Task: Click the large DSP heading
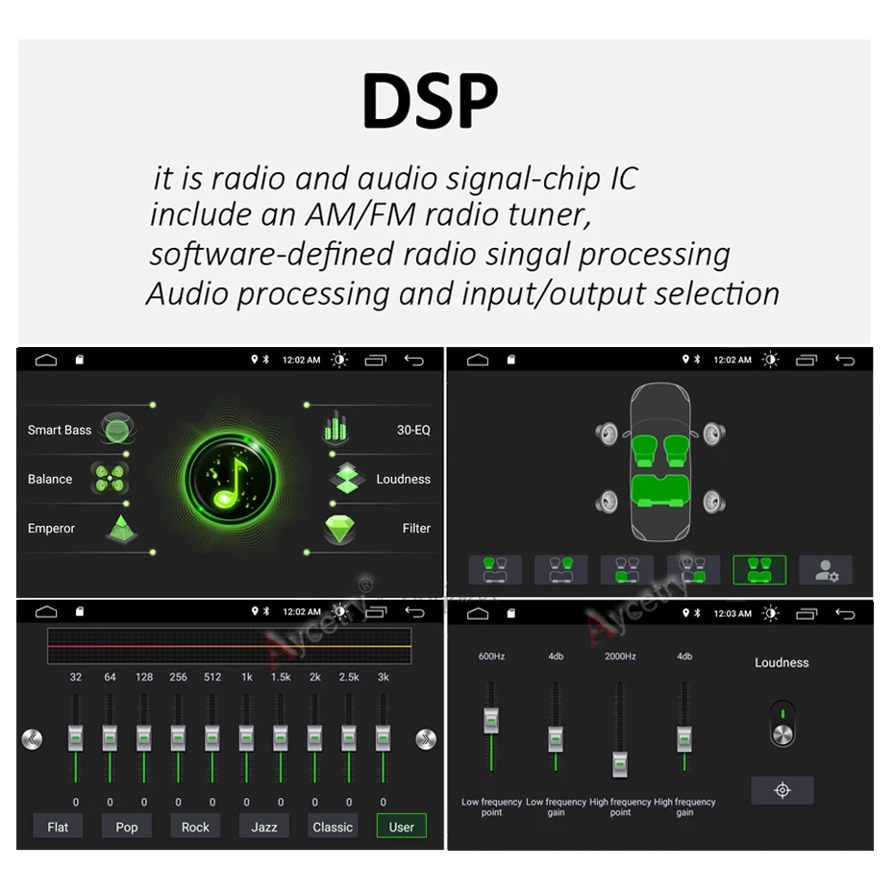tap(430, 99)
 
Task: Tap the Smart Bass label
tap(60, 430)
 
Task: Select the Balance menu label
tap(50, 479)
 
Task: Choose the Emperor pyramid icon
tap(122, 528)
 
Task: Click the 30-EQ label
tap(413, 430)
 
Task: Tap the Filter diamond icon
tap(339, 529)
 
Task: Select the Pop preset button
tap(127, 827)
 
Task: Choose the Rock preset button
tap(195, 827)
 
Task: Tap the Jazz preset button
tap(264, 827)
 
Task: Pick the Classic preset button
tap(333, 827)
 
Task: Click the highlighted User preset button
tap(401, 827)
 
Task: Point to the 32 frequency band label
tap(76, 677)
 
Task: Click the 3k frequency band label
tap(383, 677)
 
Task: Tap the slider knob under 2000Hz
tap(620, 762)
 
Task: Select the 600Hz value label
tap(491, 657)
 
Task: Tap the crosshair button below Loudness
tap(782, 790)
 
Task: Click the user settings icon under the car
tap(826, 570)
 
